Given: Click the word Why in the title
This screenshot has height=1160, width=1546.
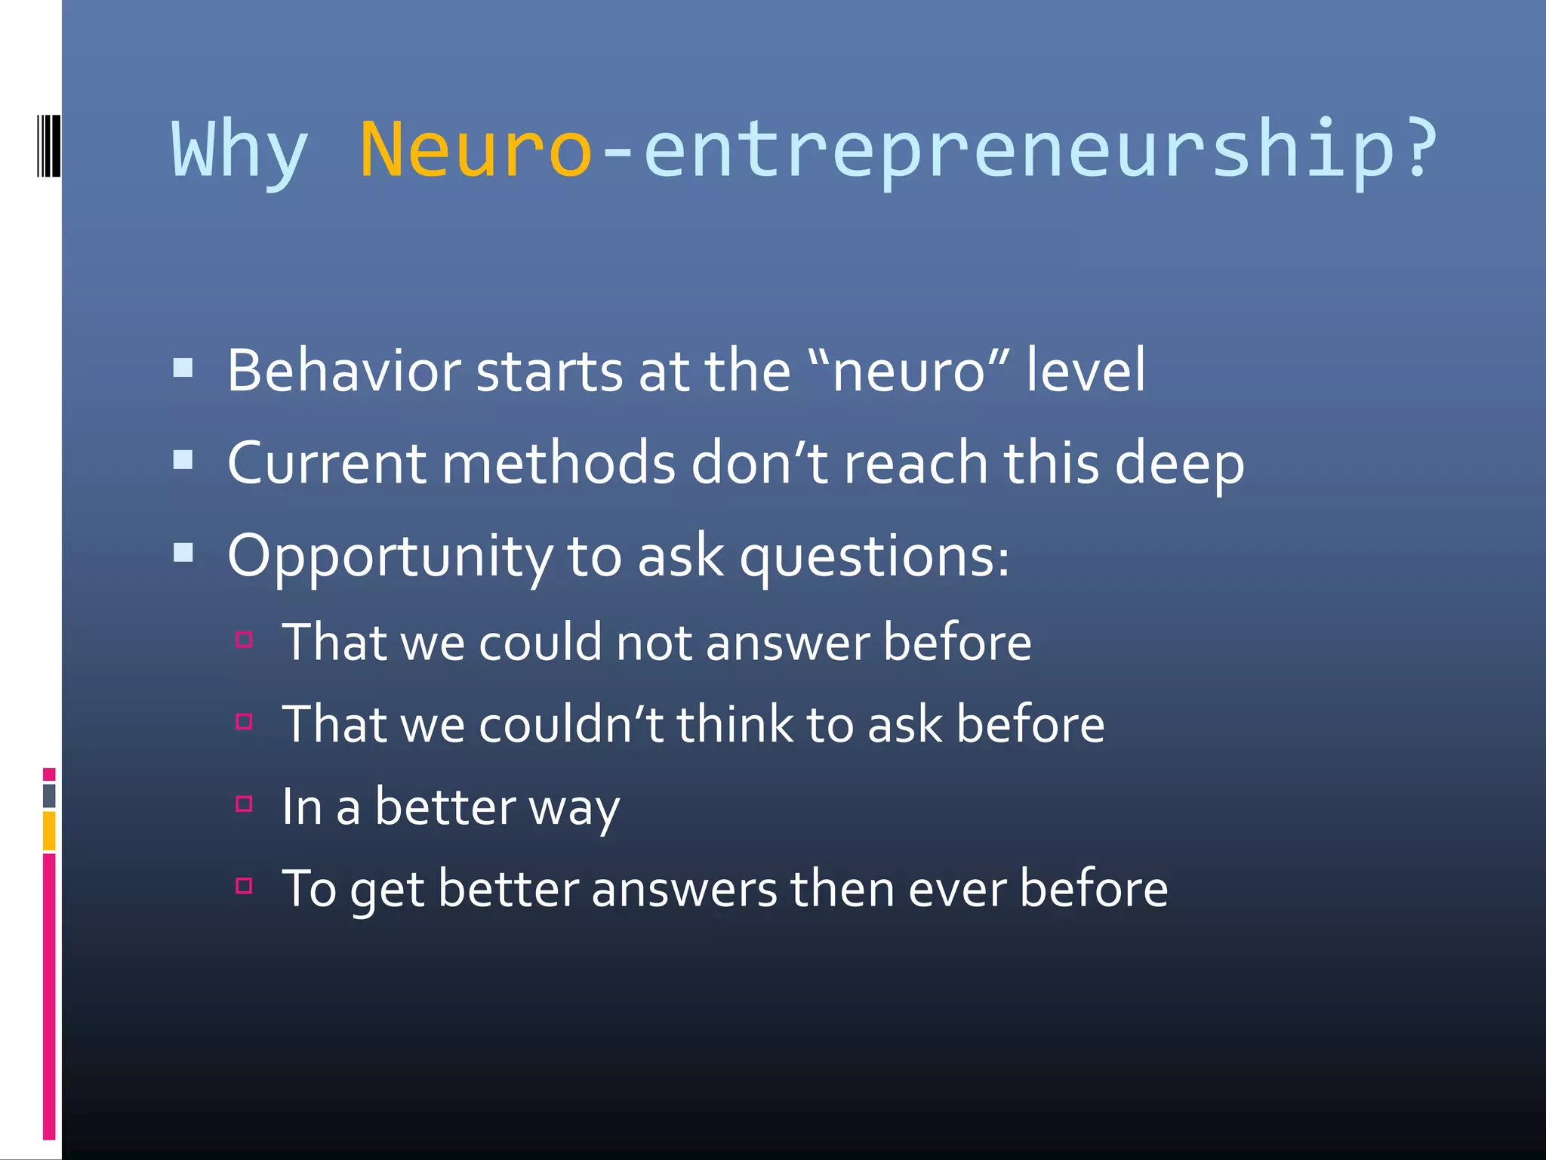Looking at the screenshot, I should (240, 151).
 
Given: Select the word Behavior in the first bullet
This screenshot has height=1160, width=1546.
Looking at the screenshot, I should (344, 371).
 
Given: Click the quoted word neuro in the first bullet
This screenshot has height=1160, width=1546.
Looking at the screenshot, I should (909, 372).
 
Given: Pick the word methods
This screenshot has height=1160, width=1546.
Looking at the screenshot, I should (559, 463).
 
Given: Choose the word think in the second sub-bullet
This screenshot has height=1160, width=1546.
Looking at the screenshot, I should (734, 724).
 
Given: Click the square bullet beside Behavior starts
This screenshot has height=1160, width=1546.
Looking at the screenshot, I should (183, 369).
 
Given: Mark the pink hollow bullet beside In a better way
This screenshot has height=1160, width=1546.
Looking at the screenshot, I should (244, 803).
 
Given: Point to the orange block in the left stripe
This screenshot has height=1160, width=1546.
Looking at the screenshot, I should (49, 830).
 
